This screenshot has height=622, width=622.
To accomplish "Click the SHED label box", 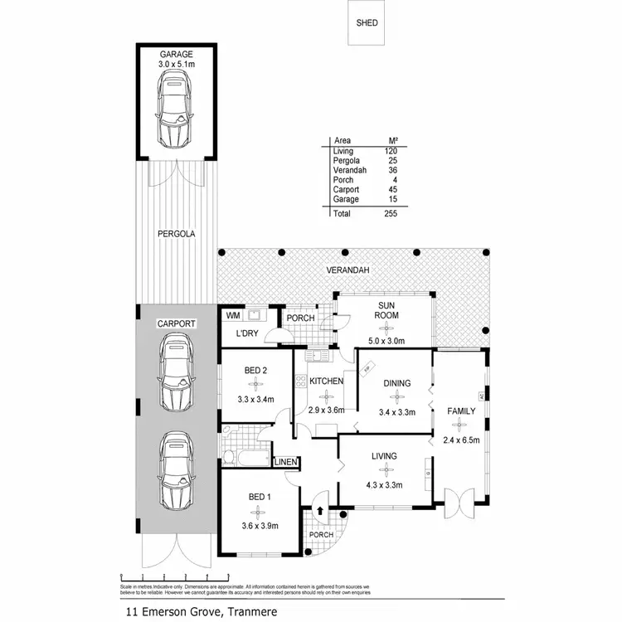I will pos(367,23).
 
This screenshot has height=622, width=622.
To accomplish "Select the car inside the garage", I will pos(175,106).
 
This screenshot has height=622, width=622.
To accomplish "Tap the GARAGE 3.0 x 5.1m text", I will pos(176,58).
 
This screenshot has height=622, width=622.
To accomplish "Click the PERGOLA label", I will pos(176,235).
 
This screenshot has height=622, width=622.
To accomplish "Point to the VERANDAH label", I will pos(347,270).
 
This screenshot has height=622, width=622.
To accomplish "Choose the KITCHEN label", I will pos(326,381).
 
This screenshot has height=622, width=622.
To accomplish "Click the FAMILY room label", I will pos(462,411).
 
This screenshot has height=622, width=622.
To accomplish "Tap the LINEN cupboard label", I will pos(285,462).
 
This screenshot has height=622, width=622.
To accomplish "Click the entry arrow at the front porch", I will pos(322,512).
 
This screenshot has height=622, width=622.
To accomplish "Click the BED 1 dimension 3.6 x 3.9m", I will pos(258,525).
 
